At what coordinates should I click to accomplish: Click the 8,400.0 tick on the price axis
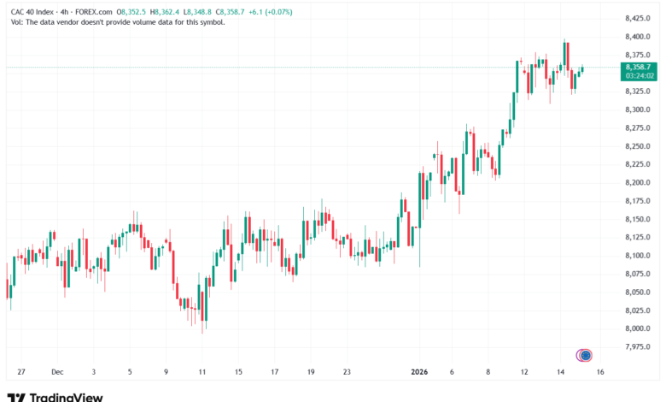point(638,37)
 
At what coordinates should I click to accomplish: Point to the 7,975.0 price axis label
point(638,346)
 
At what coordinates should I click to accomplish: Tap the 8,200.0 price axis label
point(638,182)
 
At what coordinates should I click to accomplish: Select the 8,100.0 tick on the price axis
point(638,256)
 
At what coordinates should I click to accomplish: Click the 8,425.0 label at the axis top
point(638,18)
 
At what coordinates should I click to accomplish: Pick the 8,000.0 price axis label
point(638,328)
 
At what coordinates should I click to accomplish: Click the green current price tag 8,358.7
point(638,67)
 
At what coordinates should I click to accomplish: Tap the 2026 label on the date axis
point(418,372)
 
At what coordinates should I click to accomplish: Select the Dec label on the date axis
point(57,372)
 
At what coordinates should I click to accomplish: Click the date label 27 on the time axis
point(20,372)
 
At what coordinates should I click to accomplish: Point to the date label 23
point(347,372)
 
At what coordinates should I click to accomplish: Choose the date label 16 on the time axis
point(600,372)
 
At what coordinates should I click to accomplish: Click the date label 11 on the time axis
point(202,372)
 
